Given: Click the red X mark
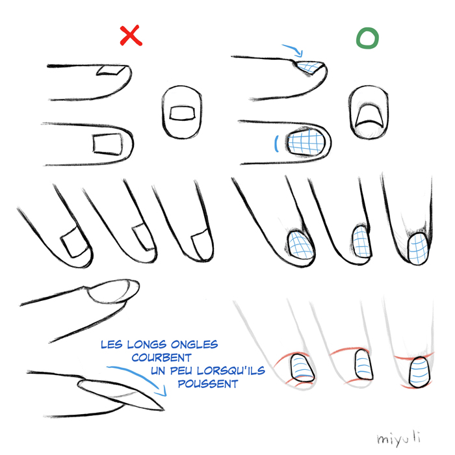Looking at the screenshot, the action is (131, 35).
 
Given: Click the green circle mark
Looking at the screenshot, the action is (367, 38).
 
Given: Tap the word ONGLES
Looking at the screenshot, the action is (194, 344).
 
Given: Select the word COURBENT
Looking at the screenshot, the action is (162, 357).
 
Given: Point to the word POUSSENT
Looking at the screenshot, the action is (208, 384).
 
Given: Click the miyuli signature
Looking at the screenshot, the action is (398, 438).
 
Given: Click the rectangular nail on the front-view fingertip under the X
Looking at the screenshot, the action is (182, 113).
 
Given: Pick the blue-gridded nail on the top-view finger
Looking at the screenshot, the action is (306, 142).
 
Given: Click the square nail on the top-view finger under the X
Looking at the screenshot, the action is (107, 144).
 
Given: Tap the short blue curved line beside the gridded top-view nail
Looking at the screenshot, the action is (276, 144).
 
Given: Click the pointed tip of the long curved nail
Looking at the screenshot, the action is (164, 409).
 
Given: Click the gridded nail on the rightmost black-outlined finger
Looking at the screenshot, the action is (418, 248).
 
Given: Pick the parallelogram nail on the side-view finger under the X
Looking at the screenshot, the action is (111, 70).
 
